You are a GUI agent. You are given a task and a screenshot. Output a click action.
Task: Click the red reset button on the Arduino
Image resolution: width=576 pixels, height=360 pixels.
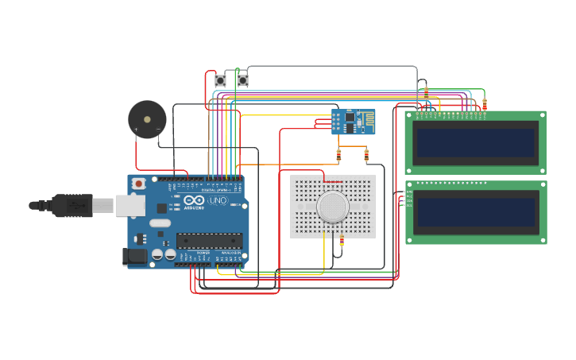pyautogui.click(x=139, y=184)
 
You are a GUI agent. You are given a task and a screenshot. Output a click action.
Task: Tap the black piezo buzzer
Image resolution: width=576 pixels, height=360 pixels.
pyautogui.click(x=147, y=119)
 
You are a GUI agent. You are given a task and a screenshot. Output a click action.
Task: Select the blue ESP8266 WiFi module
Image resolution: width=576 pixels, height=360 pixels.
pyautogui.click(x=353, y=122)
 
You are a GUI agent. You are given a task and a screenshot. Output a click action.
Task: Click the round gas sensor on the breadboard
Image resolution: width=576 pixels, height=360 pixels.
pyautogui.click(x=332, y=207)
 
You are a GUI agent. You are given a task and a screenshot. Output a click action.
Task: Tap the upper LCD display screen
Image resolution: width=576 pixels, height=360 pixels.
pyautogui.click(x=475, y=143)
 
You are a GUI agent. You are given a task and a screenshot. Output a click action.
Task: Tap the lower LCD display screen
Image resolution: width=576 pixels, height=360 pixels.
pyautogui.click(x=475, y=212)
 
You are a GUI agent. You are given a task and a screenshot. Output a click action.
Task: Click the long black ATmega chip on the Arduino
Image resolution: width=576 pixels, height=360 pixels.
pyautogui.click(x=209, y=240)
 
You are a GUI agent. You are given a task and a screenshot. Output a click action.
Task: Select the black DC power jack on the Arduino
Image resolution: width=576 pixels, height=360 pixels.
pyautogui.click(x=135, y=256)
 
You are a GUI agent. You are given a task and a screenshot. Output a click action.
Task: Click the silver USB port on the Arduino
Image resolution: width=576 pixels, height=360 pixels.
pyautogui.click(x=130, y=206)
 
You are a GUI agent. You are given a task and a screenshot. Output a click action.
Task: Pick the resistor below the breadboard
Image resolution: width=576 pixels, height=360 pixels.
pyautogui.click(x=342, y=240)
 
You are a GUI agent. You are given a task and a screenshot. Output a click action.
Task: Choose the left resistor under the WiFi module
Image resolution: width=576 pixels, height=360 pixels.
pyautogui.click(x=338, y=154)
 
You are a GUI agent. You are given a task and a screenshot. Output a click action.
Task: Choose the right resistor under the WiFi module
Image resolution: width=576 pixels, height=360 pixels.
pyautogui.click(x=366, y=154)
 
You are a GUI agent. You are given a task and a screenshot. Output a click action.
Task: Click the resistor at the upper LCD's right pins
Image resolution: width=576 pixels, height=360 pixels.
pyautogui.click(x=485, y=103)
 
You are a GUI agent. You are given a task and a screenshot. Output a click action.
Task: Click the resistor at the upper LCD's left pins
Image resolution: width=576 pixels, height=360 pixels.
pyautogui.click(x=426, y=92)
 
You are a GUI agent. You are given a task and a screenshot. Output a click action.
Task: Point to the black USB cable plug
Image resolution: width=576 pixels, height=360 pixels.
pyautogui.click(x=72, y=206)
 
